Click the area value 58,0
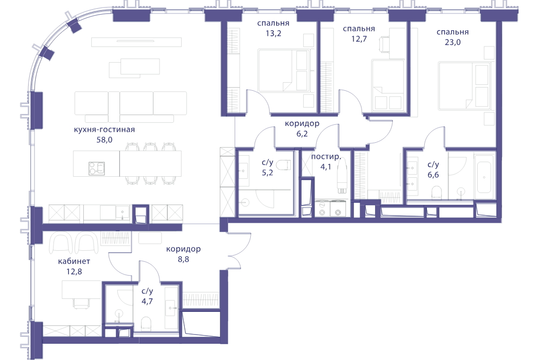pos(104,140)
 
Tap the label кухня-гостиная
pos(104,130)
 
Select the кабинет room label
pos(74,262)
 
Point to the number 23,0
pos(453,42)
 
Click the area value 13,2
pos(273,34)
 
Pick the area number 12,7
pos(359,39)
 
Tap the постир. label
pos(326,157)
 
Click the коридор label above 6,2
pos(302,124)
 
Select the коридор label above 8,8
pos(183,249)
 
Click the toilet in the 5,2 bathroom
pos(284,166)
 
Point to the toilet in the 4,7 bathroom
pos(146,323)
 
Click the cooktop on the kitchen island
pos(97,168)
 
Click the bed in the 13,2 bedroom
pos(284,71)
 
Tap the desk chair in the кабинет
pos(82,302)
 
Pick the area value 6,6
pos(433,175)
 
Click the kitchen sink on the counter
pos(121,212)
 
